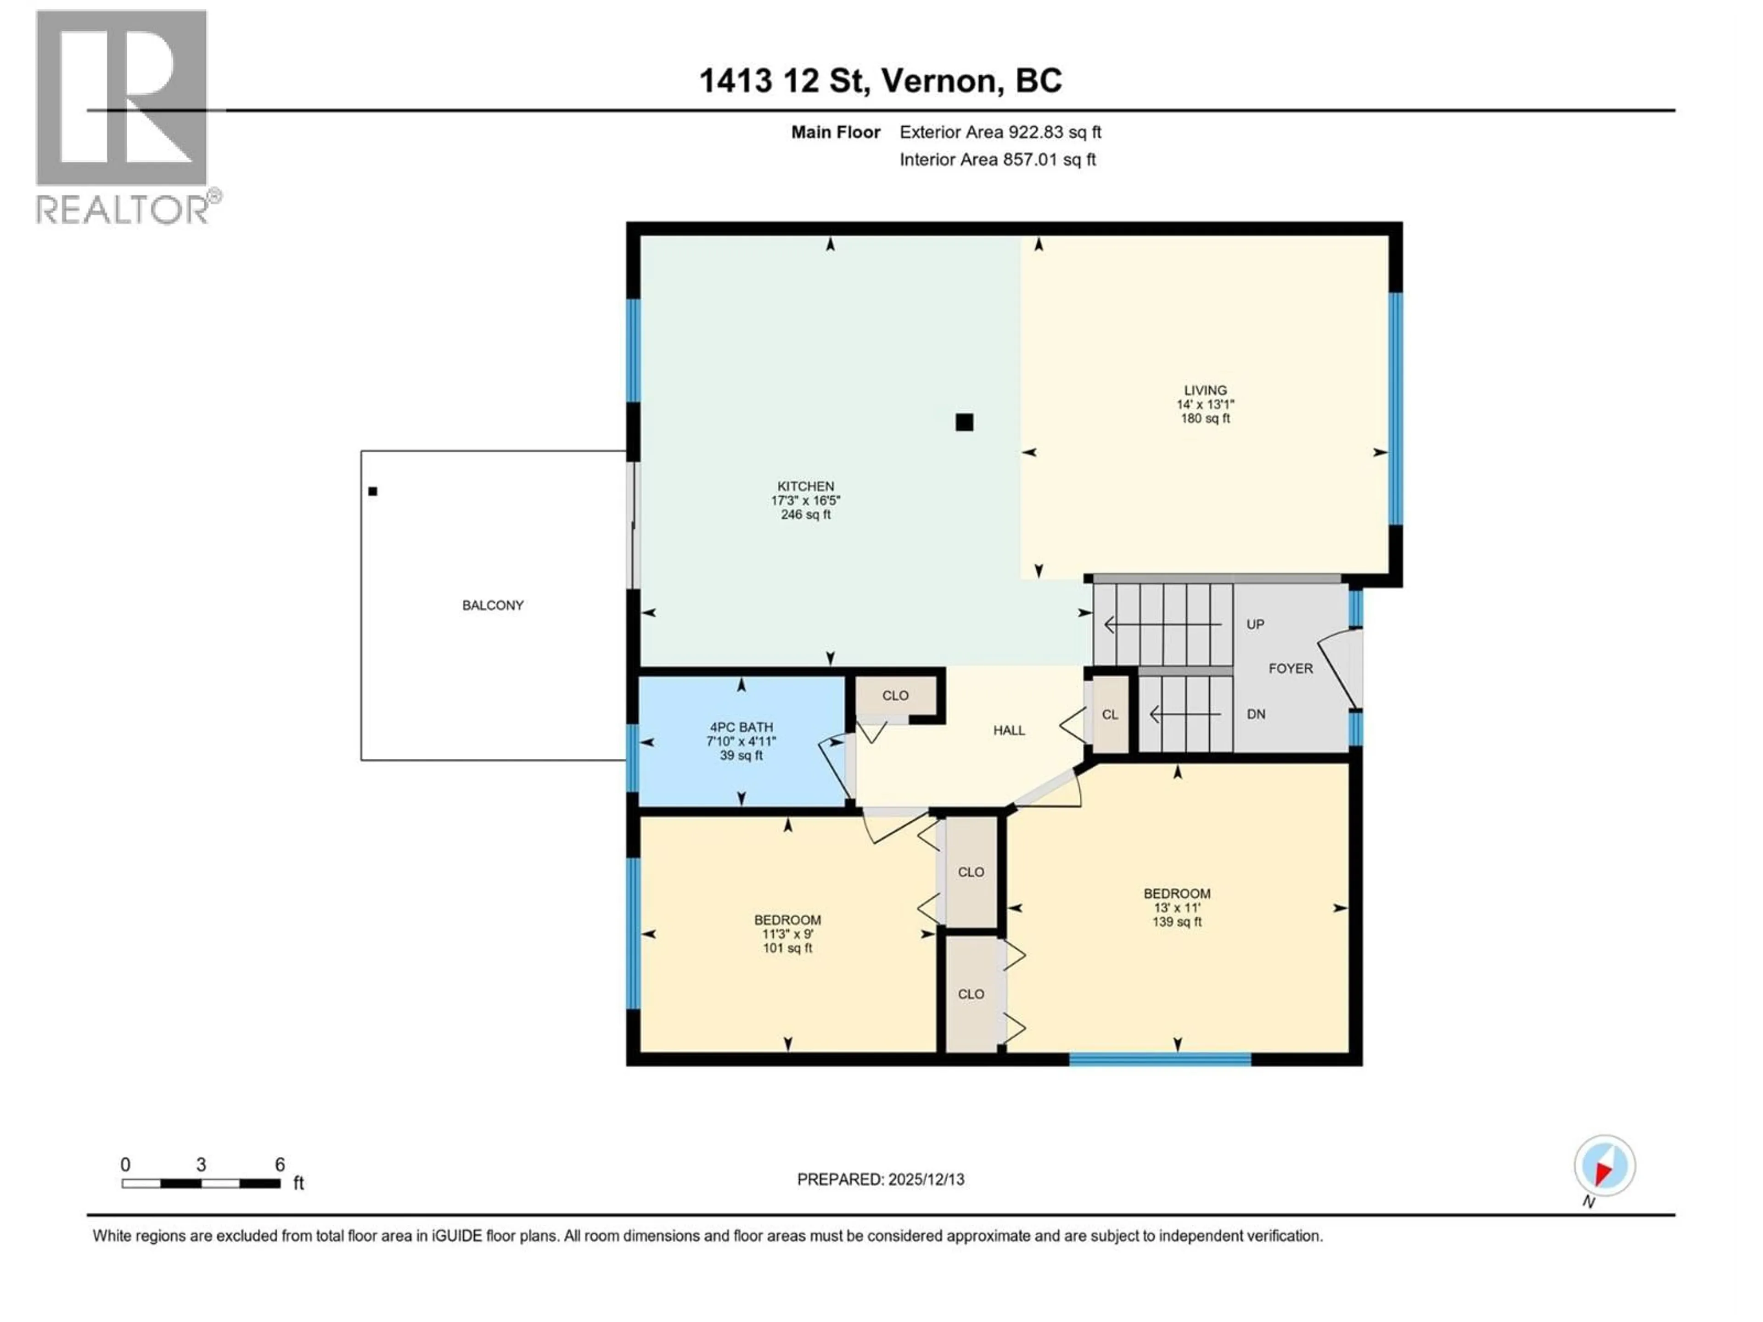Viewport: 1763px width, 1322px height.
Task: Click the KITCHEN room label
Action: [x=806, y=486]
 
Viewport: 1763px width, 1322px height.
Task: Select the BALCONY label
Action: [x=493, y=605]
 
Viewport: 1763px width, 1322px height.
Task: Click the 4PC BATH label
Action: [x=741, y=728]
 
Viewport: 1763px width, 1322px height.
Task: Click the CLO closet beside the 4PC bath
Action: [x=895, y=696]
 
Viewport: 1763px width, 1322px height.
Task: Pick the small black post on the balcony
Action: [x=372, y=492]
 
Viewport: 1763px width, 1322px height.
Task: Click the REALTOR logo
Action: [x=123, y=116]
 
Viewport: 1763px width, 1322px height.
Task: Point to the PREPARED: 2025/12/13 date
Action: [x=880, y=1179]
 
